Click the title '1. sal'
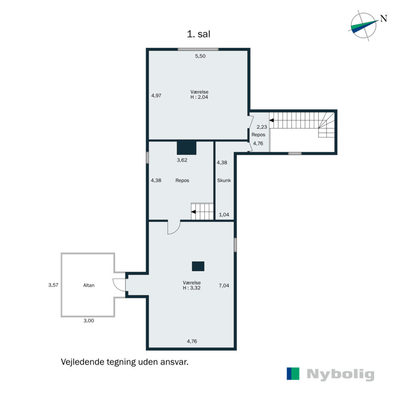pyautogui.click(x=199, y=34)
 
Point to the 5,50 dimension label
pyautogui.click(x=200, y=56)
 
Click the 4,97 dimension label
pyautogui.click(x=156, y=96)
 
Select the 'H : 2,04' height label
pyautogui.click(x=199, y=98)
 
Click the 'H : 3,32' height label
pyautogui.click(x=192, y=288)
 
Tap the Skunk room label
pyautogui.click(x=224, y=181)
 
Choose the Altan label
pyautogui.click(x=89, y=286)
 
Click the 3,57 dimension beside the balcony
pyautogui.click(x=53, y=285)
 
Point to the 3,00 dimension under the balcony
pyautogui.click(x=88, y=321)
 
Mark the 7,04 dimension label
pyautogui.click(x=224, y=286)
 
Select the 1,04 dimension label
pyautogui.click(x=225, y=214)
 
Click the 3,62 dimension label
pyautogui.click(x=183, y=160)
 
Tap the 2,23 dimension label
pyautogui.click(x=262, y=127)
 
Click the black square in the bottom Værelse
pyautogui.click(x=199, y=266)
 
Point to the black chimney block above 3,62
pyautogui.click(x=187, y=148)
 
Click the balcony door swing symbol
pyautogui.click(x=119, y=285)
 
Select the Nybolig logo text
pyautogui.click(x=340, y=374)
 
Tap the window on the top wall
pyautogui.click(x=198, y=49)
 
